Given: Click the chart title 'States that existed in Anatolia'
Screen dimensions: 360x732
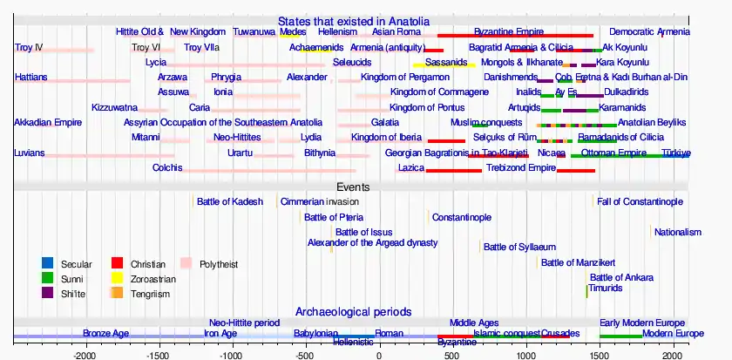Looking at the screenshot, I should coord(353,21).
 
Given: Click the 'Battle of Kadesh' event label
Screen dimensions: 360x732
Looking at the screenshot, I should coord(229,202).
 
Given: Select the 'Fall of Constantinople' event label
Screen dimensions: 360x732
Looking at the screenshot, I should coord(640,202).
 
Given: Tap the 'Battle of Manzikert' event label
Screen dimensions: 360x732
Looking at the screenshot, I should coord(579,262).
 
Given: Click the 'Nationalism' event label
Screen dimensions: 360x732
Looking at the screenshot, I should coord(677,232).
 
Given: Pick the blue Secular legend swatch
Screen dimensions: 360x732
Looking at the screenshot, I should coord(47,263).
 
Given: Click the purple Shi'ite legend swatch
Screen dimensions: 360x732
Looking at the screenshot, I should coord(47,293).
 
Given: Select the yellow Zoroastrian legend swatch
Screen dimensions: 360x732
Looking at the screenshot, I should coord(117,278).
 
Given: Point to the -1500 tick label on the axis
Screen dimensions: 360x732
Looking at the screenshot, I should coord(158,356).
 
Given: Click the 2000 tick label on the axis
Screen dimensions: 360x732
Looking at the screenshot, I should coord(672,356).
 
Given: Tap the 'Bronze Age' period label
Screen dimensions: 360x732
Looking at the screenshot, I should coord(105,333).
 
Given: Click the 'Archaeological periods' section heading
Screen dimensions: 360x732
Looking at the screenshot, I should coord(353,311).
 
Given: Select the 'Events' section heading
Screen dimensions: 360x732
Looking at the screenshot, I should coord(353,187).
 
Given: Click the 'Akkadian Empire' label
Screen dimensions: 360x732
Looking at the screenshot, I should coord(48,123).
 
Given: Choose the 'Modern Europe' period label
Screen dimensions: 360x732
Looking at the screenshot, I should coord(673,333).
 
